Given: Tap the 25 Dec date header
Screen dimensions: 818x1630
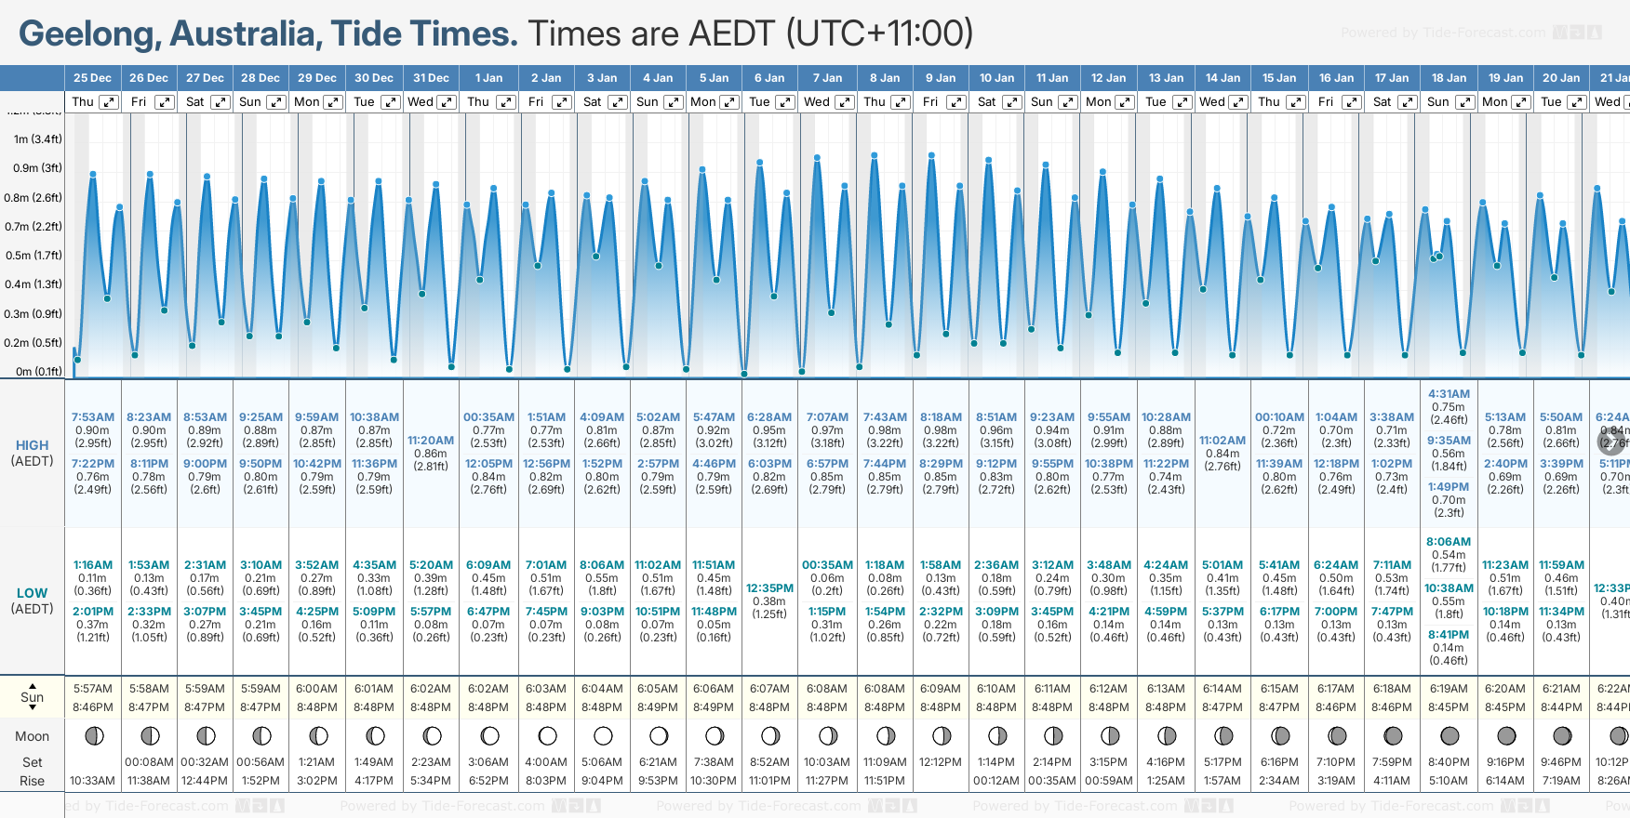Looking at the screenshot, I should point(92,78).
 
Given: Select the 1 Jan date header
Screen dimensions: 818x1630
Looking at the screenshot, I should point(488,78).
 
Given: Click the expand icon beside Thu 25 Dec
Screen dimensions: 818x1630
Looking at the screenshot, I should point(109,102).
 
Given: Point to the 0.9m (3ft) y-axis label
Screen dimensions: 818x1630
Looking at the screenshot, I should point(37,168).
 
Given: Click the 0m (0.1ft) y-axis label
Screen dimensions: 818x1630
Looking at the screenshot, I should point(38,371).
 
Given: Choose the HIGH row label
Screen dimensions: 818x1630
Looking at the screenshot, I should point(33,445).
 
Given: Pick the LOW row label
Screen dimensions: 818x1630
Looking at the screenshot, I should point(33,593).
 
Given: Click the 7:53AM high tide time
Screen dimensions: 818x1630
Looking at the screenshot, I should point(93,417).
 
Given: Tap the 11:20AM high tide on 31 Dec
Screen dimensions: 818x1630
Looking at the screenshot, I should point(431,441).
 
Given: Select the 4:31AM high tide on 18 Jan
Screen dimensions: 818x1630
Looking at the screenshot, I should point(1449,394).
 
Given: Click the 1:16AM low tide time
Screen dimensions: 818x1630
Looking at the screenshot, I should point(93,565).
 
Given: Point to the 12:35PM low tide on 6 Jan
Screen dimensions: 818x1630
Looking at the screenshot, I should point(769,588).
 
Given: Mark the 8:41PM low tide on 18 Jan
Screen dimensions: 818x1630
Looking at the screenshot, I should point(1449,635).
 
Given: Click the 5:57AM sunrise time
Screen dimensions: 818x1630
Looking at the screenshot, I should point(93,689).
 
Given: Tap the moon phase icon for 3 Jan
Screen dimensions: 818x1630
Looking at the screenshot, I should point(603,736).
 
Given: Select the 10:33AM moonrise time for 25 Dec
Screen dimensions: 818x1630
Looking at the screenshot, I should point(93,781).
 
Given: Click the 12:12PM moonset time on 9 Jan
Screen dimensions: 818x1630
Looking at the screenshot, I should point(941,762).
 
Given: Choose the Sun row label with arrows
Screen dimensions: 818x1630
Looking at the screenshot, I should point(33,697).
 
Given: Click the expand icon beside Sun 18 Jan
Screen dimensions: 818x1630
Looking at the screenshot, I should point(1465,102).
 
